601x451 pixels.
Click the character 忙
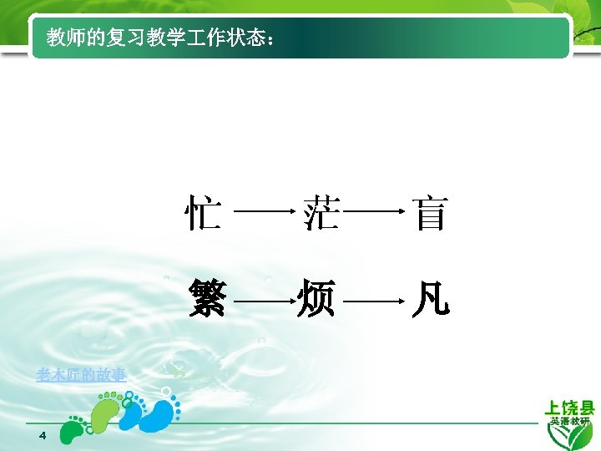click(x=203, y=213)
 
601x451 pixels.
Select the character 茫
click(x=321, y=213)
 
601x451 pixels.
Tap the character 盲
click(x=431, y=213)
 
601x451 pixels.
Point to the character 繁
click(x=207, y=298)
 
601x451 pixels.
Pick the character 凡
click(x=431, y=298)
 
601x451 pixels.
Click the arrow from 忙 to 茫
click(x=265, y=214)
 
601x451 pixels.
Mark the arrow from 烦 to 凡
click(x=374, y=299)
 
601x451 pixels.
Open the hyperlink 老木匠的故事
click(x=81, y=375)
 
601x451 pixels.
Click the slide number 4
click(x=43, y=438)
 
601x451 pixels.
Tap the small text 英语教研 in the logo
click(x=570, y=422)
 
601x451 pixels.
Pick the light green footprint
click(x=107, y=410)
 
